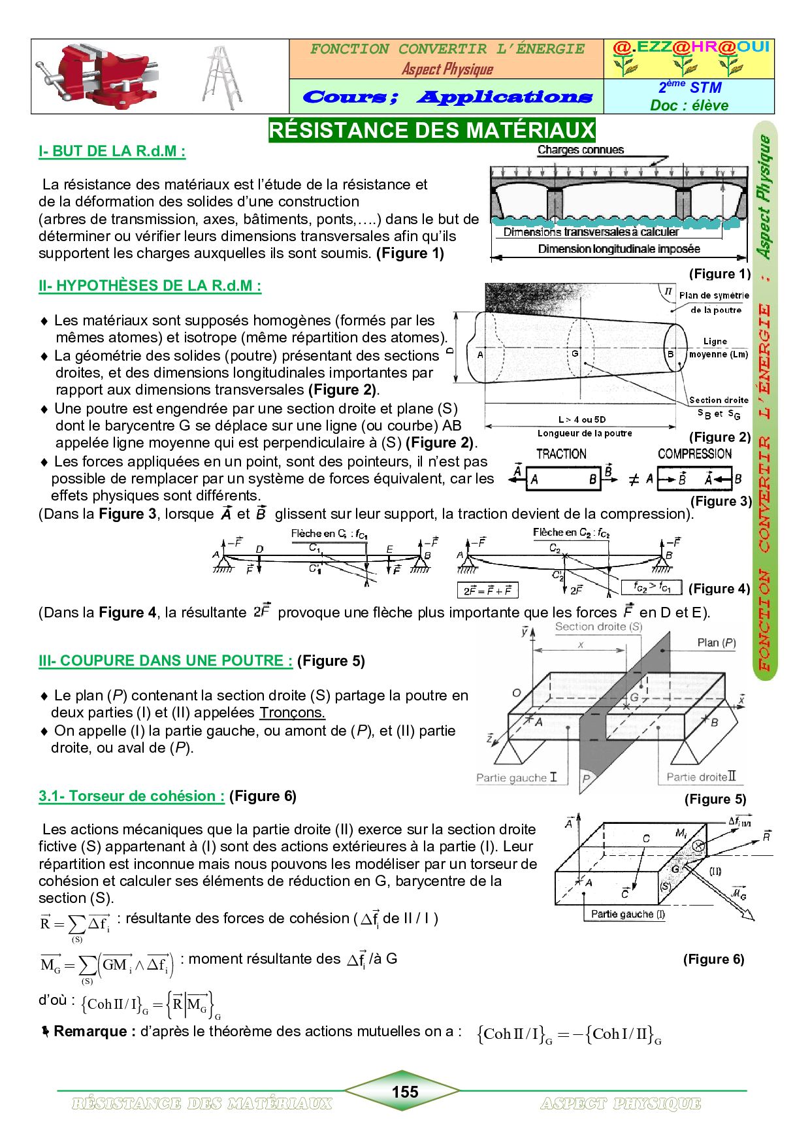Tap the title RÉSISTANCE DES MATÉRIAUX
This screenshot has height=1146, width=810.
[x=432, y=130]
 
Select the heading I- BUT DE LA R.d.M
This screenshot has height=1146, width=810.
[x=112, y=152]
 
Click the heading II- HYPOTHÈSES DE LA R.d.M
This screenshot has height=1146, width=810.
[x=150, y=286]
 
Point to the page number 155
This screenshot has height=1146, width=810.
[x=404, y=1092]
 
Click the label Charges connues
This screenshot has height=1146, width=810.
[x=580, y=150]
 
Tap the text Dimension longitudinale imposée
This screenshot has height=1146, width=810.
[x=618, y=249]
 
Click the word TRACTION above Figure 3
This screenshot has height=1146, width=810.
[x=561, y=454]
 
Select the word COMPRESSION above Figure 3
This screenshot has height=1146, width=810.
[x=694, y=454]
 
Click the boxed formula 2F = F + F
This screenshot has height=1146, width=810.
[x=487, y=591]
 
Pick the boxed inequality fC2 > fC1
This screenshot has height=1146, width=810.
[x=651, y=587]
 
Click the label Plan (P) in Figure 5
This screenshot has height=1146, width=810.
[x=716, y=643]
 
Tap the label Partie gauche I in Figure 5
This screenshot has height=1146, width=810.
[x=516, y=778]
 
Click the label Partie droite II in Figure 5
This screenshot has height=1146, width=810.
[x=700, y=777]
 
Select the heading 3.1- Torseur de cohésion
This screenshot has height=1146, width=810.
[x=131, y=796]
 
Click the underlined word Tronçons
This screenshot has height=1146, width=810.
[x=292, y=713]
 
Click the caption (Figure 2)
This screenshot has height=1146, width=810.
[x=719, y=437]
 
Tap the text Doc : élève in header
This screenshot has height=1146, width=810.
[x=688, y=105]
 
